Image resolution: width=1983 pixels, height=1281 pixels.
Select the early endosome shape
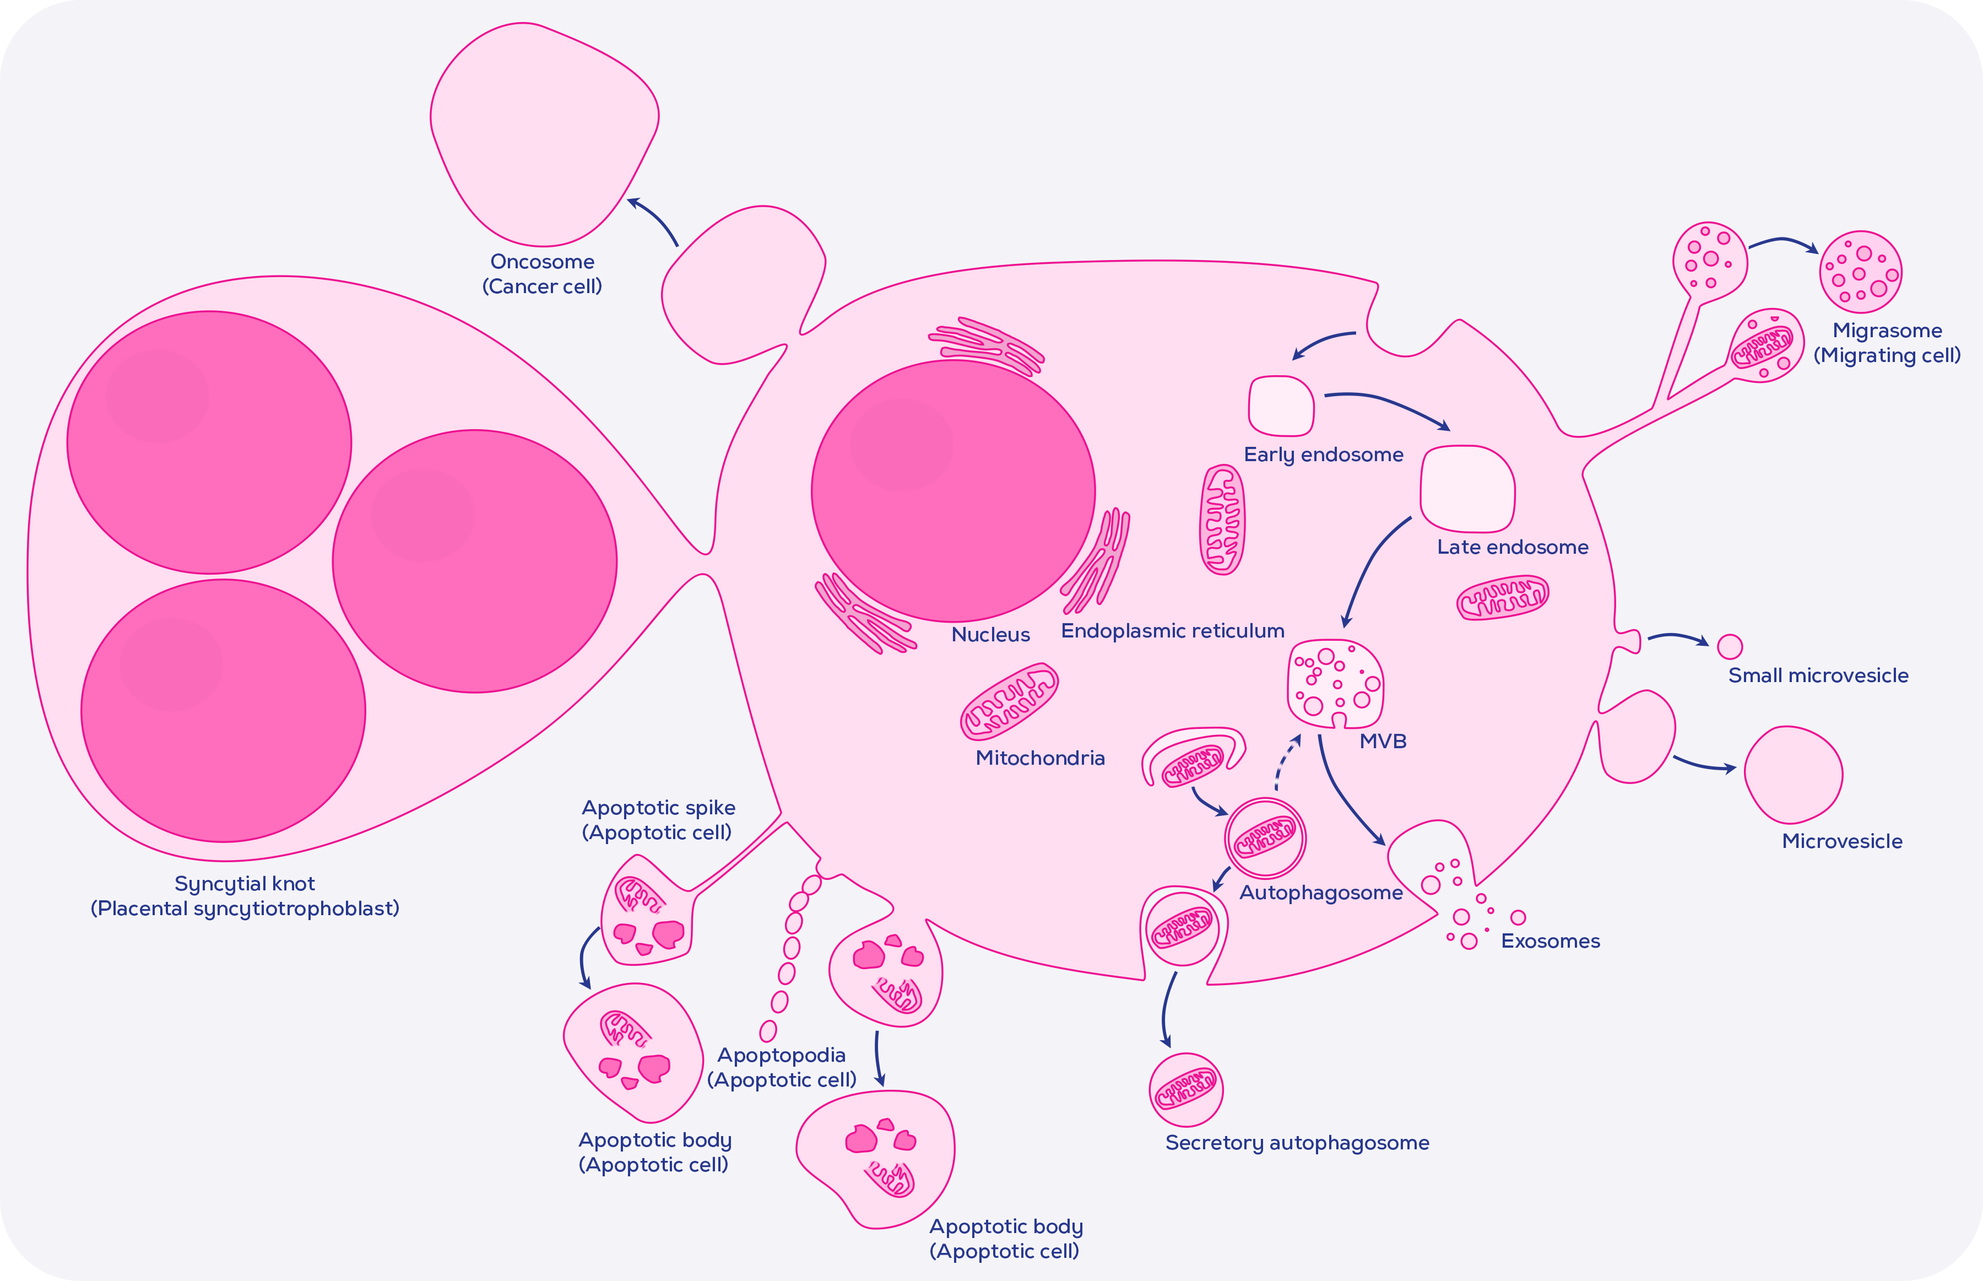click(x=1281, y=406)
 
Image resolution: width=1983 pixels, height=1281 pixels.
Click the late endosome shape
click(x=1467, y=489)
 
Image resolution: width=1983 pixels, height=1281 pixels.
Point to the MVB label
click(x=1383, y=741)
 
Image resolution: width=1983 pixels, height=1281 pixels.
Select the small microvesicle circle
click(x=1730, y=646)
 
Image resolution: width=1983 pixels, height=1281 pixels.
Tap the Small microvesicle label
click(x=1818, y=675)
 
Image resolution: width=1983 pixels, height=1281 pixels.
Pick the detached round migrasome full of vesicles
click(x=1861, y=272)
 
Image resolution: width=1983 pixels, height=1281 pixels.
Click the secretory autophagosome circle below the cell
click(x=1185, y=1090)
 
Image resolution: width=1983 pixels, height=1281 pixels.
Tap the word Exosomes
click(x=1550, y=941)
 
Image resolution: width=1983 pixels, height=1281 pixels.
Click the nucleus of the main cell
click(x=953, y=491)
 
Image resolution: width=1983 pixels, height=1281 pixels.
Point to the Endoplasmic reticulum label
click(x=1172, y=630)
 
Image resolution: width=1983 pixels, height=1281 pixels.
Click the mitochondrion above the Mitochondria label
click(x=1009, y=701)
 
